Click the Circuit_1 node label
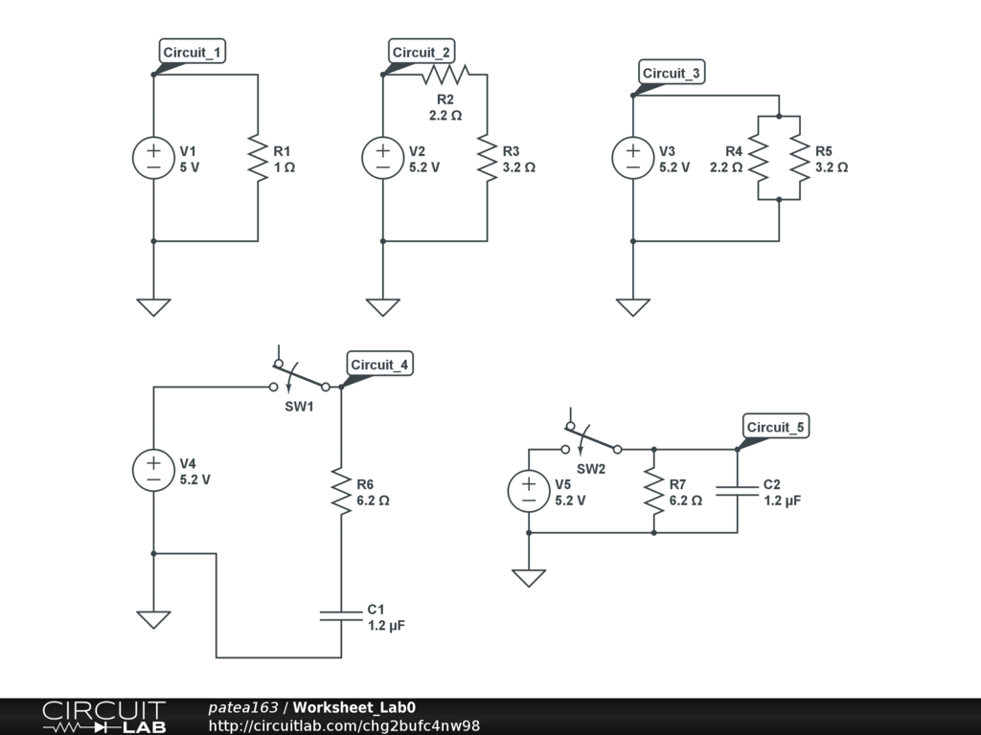click(192, 52)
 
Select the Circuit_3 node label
click(672, 73)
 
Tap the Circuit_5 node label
click(775, 427)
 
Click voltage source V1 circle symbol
click(153, 158)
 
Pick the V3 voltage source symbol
click(632, 158)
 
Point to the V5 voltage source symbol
click(529, 491)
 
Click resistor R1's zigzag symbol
click(258, 158)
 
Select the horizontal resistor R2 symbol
click(445, 75)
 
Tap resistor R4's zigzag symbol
click(759, 158)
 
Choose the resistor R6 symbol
click(341, 491)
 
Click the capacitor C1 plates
click(341, 616)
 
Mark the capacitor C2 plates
click(737, 491)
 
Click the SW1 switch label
click(299, 406)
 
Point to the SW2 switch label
click(590, 469)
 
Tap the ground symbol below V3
click(632, 307)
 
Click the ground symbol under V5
click(529, 578)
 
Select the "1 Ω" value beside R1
click(284, 167)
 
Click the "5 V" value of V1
click(190, 167)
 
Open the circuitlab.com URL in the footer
click(344, 725)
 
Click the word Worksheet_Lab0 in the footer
click(354, 707)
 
